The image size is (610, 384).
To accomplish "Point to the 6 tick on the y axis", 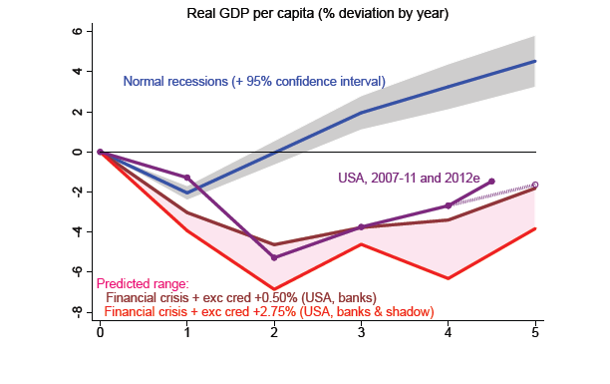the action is [x=78, y=31].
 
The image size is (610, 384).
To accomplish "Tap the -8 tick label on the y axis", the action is [x=78, y=312].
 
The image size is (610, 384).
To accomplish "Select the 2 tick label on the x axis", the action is [x=274, y=333].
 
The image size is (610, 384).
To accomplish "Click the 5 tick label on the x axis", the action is [x=535, y=333].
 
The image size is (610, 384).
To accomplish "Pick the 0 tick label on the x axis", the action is [x=100, y=333].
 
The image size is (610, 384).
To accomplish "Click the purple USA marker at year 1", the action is [x=187, y=178].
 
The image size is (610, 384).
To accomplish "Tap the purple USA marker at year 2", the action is [x=274, y=257].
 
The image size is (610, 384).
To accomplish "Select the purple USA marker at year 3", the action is [x=362, y=226].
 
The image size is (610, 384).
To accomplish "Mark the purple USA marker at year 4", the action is [x=449, y=205].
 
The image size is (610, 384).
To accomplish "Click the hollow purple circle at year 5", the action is [x=535, y=185].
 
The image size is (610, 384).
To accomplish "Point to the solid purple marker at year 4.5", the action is [x=491, y=182].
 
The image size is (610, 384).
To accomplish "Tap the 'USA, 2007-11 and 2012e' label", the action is [x=409, y=178].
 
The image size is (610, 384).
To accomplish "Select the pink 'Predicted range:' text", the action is [x=143, y=283].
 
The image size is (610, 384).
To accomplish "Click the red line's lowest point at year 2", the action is [x=274, y=289].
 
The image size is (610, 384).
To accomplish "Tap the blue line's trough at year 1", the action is [x=187, y=192].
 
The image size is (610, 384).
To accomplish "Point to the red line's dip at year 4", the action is [x=449, y=278].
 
